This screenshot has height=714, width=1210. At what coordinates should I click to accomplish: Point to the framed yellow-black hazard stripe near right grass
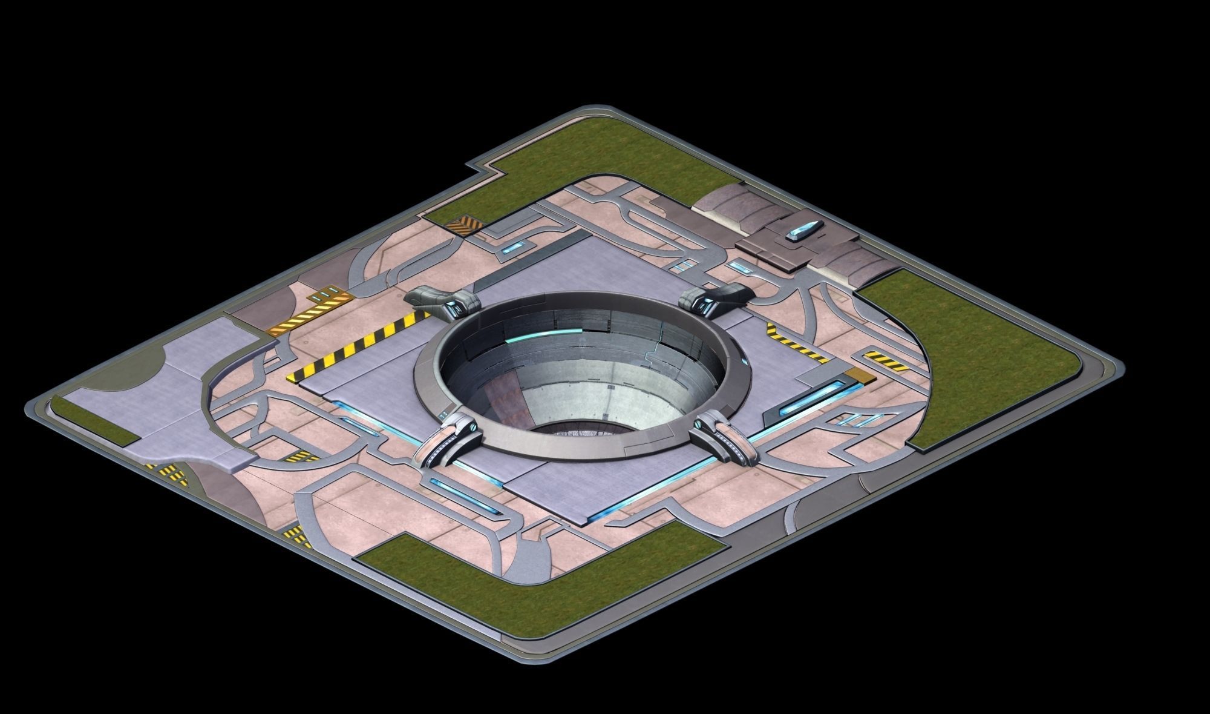coord(885,361)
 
